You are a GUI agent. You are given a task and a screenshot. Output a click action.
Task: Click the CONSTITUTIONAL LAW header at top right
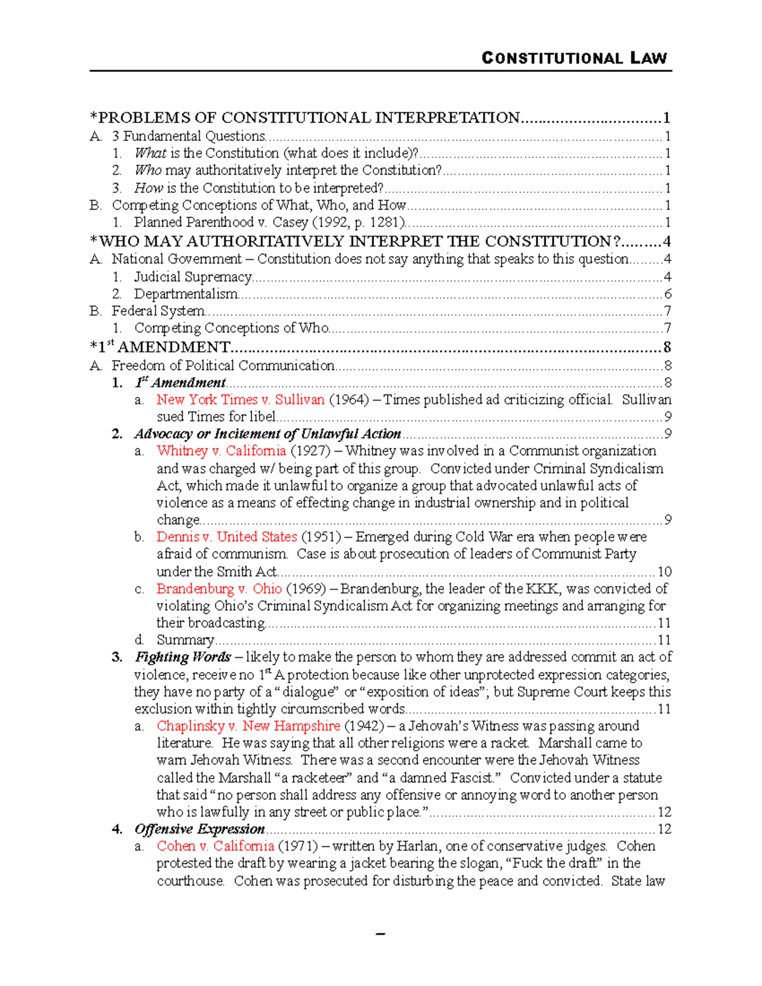[574, 58]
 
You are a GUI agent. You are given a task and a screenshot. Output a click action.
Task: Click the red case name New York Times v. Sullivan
[241, 399]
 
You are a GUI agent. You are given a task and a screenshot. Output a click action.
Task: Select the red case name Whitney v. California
[221, 451]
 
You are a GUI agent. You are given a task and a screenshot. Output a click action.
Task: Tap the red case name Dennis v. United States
[227, 536]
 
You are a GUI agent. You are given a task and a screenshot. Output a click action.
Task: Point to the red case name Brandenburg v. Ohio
[219, 589]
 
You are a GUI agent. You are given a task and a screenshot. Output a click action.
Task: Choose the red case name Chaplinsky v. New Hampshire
[248, 726]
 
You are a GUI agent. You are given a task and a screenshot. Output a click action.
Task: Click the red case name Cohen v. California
[215, 846]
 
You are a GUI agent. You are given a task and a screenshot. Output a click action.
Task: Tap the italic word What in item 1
[150, 153]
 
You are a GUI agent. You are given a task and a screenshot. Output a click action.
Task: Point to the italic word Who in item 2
[148, 170]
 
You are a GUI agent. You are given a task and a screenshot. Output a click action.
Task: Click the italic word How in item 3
[149, 188]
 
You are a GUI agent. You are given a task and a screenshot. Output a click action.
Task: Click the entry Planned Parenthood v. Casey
[269, 222]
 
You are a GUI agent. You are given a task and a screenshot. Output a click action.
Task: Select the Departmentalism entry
[185, 294]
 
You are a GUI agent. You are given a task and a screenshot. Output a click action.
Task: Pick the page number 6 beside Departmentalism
[667, 294]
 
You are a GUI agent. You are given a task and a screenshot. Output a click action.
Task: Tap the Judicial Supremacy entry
[192, 277]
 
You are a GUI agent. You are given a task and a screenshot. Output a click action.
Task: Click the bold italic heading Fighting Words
[182, 657]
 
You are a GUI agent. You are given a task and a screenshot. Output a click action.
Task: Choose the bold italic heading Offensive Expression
[199, 829]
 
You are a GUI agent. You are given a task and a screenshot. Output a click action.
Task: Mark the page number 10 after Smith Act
[664, 571]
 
